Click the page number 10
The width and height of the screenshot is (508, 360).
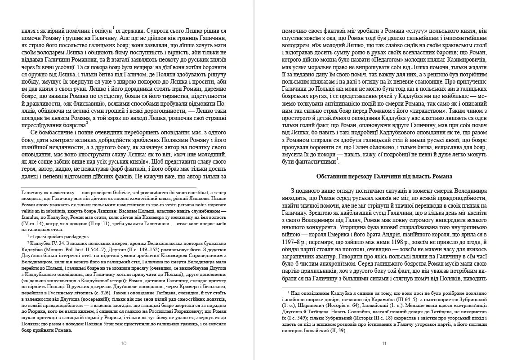124,343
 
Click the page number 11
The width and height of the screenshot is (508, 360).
384,343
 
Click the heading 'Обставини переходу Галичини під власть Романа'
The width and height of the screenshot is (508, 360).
384,176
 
